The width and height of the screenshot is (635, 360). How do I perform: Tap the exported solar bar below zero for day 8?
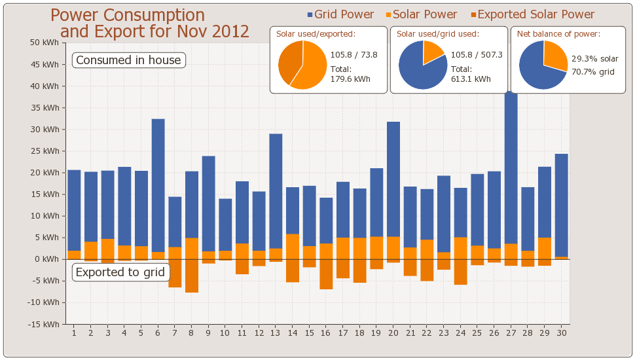[192, 276]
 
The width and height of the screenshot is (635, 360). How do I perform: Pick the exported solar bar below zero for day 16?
[326, 274]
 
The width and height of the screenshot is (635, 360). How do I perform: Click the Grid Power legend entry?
[340, 14]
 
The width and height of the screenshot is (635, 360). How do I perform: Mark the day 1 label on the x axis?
[74, 333]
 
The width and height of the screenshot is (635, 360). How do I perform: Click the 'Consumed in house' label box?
[128, 60]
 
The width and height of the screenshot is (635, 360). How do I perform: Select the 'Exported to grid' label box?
[120, 272]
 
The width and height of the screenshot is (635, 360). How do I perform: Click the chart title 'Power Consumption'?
[128, 15]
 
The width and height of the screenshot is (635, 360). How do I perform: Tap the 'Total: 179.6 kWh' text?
[350, 74]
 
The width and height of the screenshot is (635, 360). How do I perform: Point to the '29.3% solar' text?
[594, 59]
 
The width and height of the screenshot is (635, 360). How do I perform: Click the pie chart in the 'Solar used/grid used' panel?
[422, 65]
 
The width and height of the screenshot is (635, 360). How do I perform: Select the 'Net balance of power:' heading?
[558, 33]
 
